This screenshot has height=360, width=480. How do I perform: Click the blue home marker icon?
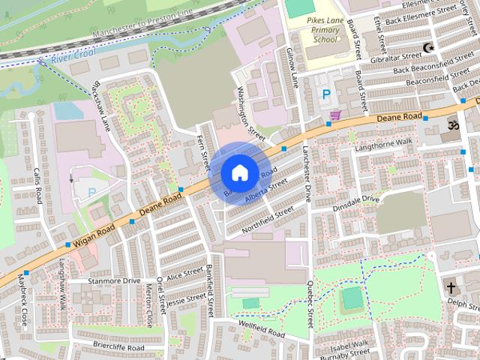(238, 172)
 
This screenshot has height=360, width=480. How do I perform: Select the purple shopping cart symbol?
(335, 114)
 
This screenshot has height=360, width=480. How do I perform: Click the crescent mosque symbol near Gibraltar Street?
(429, 48)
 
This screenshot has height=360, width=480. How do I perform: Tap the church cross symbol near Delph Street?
(451, 287)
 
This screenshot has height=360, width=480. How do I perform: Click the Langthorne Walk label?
(384, 144)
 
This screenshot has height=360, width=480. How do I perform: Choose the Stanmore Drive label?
(114, 281)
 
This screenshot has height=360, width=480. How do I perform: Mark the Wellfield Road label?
(262, 331)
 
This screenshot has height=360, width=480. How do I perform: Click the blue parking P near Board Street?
(326, 94)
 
